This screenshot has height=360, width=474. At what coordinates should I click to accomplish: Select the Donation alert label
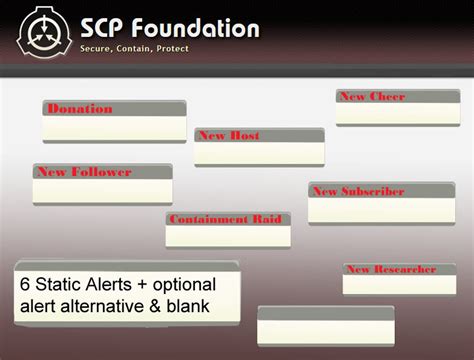tap(80, 109)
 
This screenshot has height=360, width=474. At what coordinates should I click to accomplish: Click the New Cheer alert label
tap(372, 97)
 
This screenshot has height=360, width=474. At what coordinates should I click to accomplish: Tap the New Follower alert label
tap(84, 172)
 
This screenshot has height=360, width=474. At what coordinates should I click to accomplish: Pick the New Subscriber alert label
tap(358, 191)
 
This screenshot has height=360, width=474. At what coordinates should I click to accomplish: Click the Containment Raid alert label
tap(224, 219)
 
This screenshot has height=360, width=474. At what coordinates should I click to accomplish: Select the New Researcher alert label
tap(390, 269)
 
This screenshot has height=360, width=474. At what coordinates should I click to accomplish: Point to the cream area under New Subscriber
tap(381, 210)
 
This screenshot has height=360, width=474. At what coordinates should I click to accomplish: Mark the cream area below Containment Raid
tap(228, 236)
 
